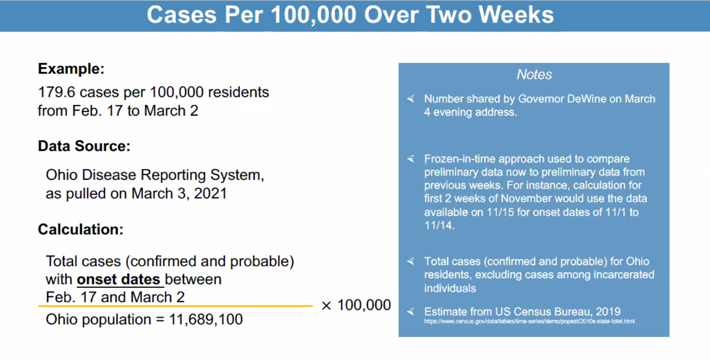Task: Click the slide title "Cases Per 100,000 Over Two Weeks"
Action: point(350,15)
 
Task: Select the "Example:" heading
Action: point(71,69)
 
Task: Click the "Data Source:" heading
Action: point(84,146)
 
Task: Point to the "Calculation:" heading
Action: point(81,229)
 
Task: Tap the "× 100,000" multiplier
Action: point(356,305)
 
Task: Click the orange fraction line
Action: point(175,306)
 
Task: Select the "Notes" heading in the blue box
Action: point(534,74)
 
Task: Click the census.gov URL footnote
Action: point(529,322)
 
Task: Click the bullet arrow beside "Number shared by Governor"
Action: point(410,99)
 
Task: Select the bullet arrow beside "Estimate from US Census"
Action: point(410,311)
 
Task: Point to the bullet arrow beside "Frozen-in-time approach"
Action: point(410,159)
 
